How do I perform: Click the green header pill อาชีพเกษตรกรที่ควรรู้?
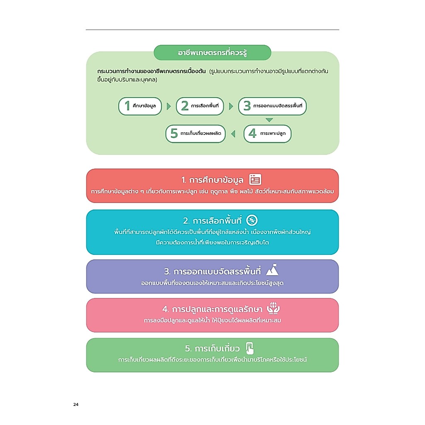coord(212,53)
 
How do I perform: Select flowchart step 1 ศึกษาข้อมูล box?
coord(140,106)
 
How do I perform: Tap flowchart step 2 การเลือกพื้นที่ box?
coord(200,106)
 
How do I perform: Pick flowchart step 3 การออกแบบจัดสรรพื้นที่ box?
coord(272,106)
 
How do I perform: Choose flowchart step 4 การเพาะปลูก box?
coord(268,134)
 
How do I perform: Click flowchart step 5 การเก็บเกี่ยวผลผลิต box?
coord(195,134)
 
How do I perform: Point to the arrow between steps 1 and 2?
coord(169,106)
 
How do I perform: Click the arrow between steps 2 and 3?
coord(231,106)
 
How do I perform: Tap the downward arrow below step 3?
coord(269,120)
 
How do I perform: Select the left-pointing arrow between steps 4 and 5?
coord(233,134)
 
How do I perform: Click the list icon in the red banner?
coord(255,179)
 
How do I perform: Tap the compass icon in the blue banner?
coord(252,220)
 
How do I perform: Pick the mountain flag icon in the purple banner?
coord(272,270)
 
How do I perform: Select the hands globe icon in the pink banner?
coord(273,308)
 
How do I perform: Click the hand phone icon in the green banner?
coord(249,348)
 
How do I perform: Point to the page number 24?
coord(76,404)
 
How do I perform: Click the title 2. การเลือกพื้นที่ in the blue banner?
coord(212,221)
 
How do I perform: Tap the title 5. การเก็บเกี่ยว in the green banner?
coord(212,348)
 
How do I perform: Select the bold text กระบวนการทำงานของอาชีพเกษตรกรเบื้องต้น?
coord(151,71)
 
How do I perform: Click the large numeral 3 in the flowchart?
coord(247,106)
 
